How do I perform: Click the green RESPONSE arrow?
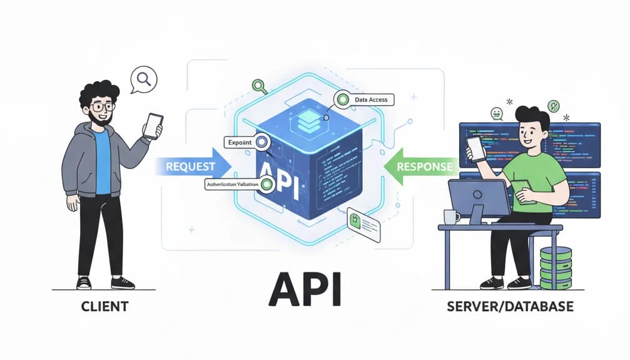pos(422,167)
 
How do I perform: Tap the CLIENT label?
pos(104,307)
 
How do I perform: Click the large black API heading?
pos(304,289)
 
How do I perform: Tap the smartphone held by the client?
pos(153,125)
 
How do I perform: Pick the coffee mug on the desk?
pos(450,217)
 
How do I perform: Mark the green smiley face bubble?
pos(497,113)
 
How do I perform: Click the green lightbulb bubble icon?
pos(553,106)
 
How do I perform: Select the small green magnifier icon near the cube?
pos(257,86)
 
